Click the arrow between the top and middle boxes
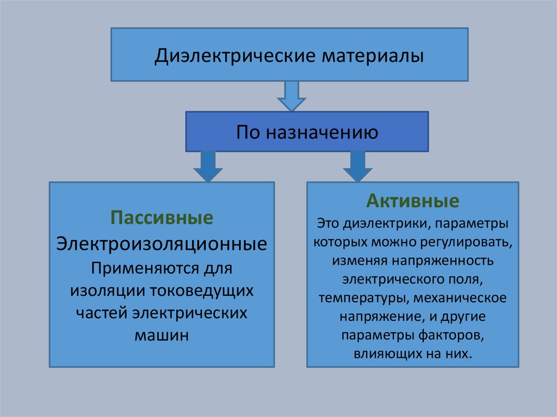[292, 96]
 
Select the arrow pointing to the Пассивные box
[208, 166]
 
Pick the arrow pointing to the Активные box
[357, 166]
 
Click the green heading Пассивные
[162, 219]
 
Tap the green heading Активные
[412, 202]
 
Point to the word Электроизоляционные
[162, 243]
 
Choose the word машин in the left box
[162, 335]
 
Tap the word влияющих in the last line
[383, 353]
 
